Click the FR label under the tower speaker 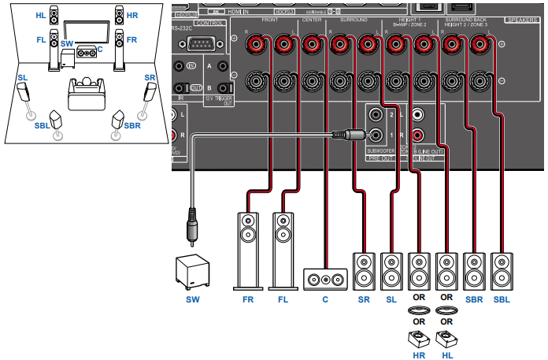coord(249,300)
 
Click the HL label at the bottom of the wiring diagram coord(446,355)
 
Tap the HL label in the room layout coord(40,15)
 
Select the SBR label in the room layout coord(132,125)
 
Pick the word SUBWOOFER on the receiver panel coord(381,149)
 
